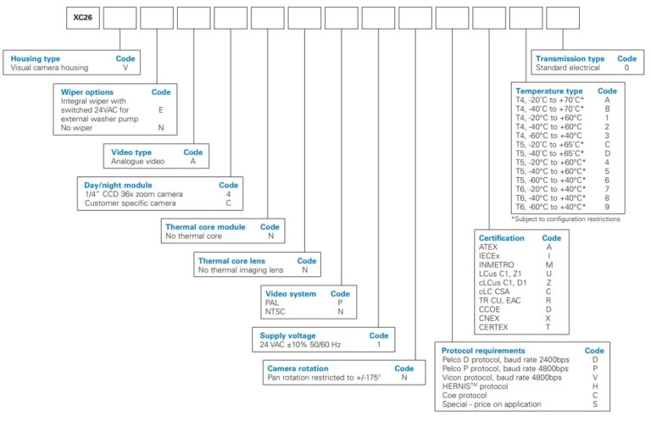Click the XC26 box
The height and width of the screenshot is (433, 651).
pos(83,18)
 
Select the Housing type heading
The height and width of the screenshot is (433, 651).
pos(36,58)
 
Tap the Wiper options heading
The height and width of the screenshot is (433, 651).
pos(86,92)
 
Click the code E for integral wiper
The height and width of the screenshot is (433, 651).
pos(161,109)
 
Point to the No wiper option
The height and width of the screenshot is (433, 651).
pos(76,127)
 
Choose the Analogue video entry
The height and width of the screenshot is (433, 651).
pos(137,161)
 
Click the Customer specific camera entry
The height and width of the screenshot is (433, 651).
pos(130,203)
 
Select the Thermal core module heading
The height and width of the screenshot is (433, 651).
pos(205,227)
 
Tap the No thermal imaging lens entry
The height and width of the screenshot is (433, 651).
pos(241,269)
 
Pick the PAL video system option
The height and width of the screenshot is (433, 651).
pos(272,303)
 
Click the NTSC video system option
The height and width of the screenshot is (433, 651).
pos(275,311)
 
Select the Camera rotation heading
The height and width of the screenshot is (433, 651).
pos(298,369)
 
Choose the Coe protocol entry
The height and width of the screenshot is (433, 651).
pos(465,395)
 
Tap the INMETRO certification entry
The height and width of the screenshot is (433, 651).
pos(496,264)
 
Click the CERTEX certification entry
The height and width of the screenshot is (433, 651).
pos(493,327)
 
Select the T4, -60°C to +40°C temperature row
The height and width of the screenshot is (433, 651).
pos(548,136)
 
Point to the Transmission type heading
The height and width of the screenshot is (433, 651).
pos(570,58)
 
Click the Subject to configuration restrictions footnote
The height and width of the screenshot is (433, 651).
pos(565,219)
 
